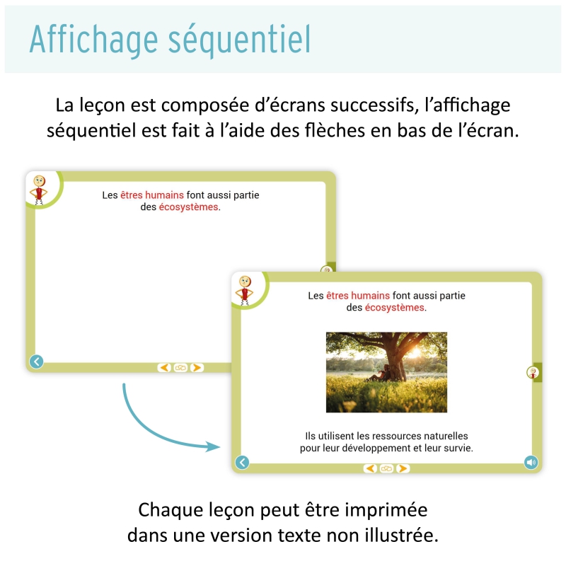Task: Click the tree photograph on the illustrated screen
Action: point(386,372)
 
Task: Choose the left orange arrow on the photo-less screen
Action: point(164,367)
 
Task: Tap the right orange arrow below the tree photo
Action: point(403,468)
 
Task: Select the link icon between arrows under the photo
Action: point(386,468)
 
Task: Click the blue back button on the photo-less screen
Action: point(37,362)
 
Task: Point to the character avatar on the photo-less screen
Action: point(40,189)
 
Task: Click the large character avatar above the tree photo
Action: point(246,290)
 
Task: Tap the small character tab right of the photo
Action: point(531,372)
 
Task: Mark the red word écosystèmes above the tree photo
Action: point(395,308)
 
